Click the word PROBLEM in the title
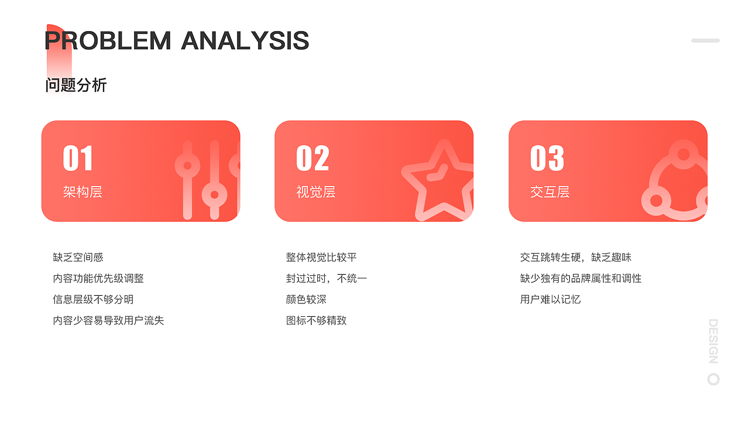point(108,41)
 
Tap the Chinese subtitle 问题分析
point(76,85)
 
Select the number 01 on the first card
point(78,158)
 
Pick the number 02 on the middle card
point(312,158)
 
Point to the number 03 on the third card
point(547,158)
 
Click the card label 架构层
point(83,192)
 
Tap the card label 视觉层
point(316,192)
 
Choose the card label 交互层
point(550,192)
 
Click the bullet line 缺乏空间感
point(78,257)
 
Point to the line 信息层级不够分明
point(93,299)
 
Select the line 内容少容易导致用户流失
point(108,320)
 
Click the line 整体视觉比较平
point(321,257)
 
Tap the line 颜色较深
point(306,299)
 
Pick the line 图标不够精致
point(316,320)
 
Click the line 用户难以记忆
point(550,299)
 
